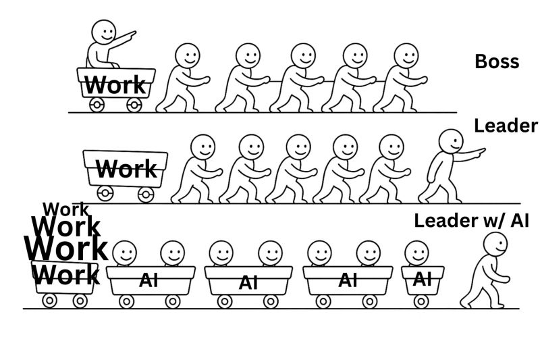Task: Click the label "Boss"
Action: click(x=497, y=61)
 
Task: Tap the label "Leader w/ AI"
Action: click(x=471, y=221)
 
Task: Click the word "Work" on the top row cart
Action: click(x=115, y=85)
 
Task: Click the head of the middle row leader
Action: click(x=450, y=142)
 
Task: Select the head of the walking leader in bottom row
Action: click(x=495, y=245)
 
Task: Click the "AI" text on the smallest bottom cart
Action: click(x=422, y=278)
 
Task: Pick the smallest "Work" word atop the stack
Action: click(x=65, y=209)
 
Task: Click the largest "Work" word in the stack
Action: click(x=65, y=248)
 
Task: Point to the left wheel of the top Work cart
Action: click(x=97, y=105)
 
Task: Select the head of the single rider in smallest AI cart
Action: click(x=416, y=254)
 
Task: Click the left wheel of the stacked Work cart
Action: click(x=49, y=301)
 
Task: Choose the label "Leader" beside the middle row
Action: click(x=506, y=126)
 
